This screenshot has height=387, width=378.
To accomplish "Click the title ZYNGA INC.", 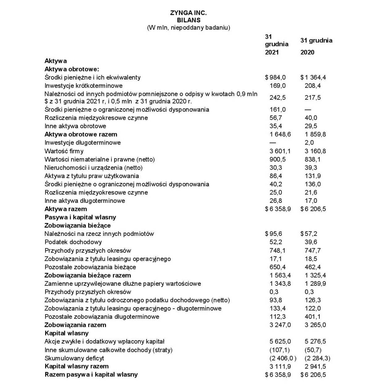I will tap(188, 13).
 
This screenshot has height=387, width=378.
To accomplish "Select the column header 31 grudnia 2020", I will tap(316, 46).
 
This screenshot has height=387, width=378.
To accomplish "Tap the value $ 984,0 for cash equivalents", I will tap(275, 77).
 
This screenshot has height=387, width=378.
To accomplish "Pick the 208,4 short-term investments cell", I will tap(313, 86).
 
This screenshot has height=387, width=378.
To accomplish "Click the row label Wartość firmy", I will tap(64, 151).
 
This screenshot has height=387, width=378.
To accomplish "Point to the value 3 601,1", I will tap(280, 151).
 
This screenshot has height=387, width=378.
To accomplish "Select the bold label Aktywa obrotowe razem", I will tap(81, 134).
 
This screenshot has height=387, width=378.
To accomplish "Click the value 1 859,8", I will tap(315, 134).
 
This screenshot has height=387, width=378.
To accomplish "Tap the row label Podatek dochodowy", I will tap(73, 242).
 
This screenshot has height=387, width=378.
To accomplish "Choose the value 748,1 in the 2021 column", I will tap(278, 250).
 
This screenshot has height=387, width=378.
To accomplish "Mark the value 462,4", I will tap(313, 267).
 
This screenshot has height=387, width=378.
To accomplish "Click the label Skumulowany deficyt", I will tap(74, 358).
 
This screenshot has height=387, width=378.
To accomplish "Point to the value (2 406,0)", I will tap(283, 358).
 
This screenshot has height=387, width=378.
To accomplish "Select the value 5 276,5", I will tap(315, 341).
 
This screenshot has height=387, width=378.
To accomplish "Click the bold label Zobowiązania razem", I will tap(75, 325).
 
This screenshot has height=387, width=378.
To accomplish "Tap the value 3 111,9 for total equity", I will tap(280, 367).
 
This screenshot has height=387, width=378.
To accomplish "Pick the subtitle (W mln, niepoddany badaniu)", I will tap(188, 28).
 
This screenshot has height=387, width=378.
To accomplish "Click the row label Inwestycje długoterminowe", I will tap(83, 143).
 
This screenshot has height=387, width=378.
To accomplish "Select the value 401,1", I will tap(313, 317).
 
